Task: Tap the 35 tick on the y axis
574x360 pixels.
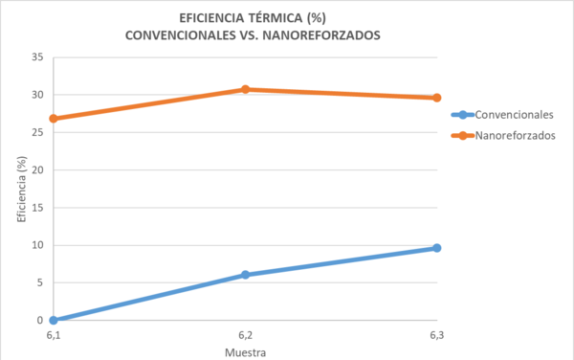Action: [37, 57]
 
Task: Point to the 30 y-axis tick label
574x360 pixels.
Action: [37, 95]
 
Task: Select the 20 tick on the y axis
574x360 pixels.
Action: [37, 170]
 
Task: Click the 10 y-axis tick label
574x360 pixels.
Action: [37, 245]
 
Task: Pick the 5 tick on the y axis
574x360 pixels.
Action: [40, 282]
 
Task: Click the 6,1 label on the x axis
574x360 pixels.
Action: [54, 335]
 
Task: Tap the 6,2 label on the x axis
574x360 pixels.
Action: [245, 335]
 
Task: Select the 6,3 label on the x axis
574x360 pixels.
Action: [436, 335]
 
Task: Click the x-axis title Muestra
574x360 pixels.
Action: [245, 351]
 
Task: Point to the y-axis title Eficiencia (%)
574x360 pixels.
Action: [20, 189]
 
